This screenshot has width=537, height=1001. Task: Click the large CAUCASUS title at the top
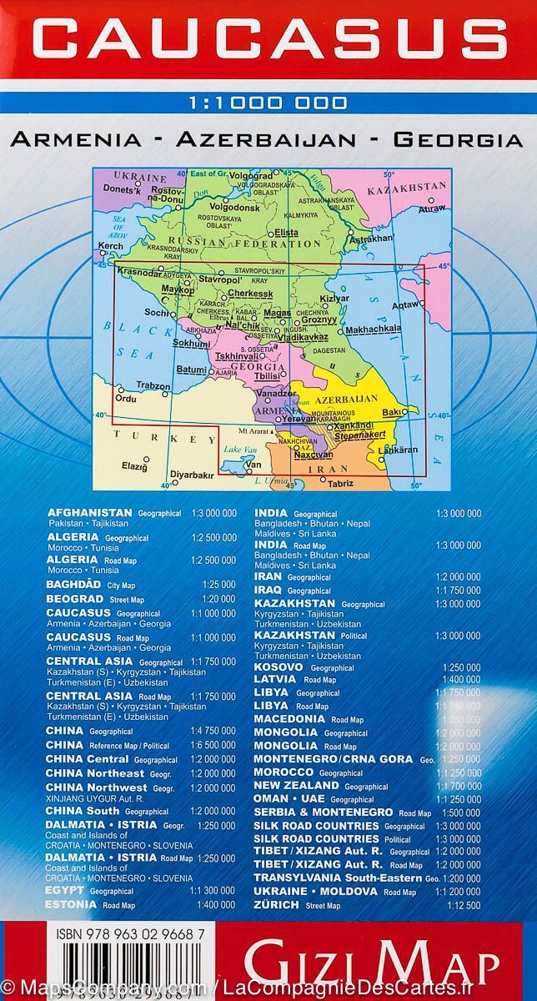click(x=268, y=39)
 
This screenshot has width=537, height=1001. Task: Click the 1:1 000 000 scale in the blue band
click(x=268, y=104)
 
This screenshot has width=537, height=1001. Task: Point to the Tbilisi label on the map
click(x=249, y=375)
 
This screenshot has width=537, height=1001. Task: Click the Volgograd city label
click(x=238, y=176)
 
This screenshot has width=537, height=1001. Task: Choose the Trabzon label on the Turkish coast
click(x=153, y=386)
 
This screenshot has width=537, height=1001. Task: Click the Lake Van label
click(x=238, y=450)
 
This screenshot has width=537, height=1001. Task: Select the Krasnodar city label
click(x=139, y=272)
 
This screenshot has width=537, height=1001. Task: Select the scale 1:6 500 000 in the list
click(x=213, y=745)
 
